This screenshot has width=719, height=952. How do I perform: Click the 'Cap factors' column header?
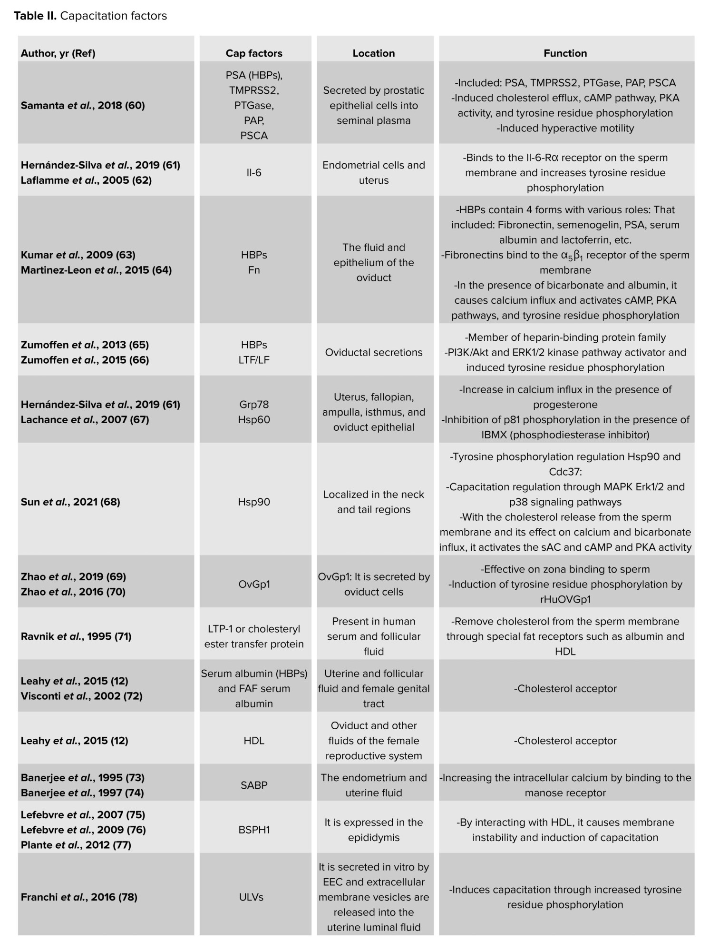coord(254,53)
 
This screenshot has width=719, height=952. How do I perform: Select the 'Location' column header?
coord(374,53)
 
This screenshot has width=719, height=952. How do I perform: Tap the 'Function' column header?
coord(565,53)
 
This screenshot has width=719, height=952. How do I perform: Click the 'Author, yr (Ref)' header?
coord(58,53)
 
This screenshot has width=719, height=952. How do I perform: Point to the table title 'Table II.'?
coord(35,16)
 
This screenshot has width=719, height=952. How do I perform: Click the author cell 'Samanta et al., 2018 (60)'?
coord(83,105)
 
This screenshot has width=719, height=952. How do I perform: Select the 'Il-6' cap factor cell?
coord(254,173)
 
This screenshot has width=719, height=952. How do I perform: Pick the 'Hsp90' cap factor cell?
coord(254,502)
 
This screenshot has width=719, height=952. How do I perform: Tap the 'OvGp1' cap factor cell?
coord(254,584)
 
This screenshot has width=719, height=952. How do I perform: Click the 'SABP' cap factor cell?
coord(254,785)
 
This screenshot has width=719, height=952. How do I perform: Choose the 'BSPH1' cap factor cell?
coord(254,830)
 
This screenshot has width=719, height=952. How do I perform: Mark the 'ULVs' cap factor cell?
coord(251,897)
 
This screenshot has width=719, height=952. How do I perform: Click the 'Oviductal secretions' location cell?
coord(374,352)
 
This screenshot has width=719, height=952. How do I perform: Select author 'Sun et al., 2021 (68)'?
coord(70,502)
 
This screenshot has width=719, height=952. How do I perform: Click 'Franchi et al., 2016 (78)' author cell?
coord(79,897)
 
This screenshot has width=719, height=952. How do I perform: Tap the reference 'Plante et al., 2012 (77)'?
coord(76,845)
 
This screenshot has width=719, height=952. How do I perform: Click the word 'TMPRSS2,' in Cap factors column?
coord(254,90)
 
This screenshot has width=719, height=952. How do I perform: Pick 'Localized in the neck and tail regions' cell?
coord(374,502)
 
